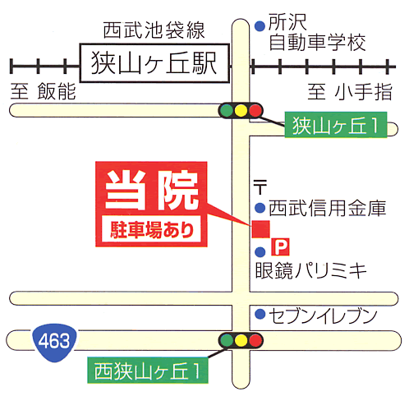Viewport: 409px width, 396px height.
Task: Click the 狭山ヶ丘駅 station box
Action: pyautogui.click(x=154, y=63)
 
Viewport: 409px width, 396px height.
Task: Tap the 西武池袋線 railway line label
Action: pyautogui.click(x=154, y=30)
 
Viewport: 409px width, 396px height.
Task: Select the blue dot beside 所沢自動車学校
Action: pyautogui.click(x=260, y=26)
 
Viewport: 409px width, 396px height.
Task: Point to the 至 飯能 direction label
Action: pyautogui.click(x=43, y=91)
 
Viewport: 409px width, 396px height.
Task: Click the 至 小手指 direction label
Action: pyautogui.click(x=350, y=91)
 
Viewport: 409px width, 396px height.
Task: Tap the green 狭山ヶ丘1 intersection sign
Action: pyautogui.click(x=336, y=125)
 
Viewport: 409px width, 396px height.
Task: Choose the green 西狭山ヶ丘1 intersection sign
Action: pyautogui.click(x=148, y=371)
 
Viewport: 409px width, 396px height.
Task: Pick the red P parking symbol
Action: pyautogui.click(x=280, y=246)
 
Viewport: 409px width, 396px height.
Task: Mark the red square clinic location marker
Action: pyautogui.click(x=261, y=229)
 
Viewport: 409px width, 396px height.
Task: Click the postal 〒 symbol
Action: pyautogui.click(x=260, y=187)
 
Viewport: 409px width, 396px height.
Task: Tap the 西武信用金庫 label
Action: pyautogui.click(x=327, y=208)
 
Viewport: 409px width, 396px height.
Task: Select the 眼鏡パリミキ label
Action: pyautogui.click(x=310, y=270)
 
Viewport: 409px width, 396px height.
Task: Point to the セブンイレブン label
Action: pyautogui.click(x=323, y=315)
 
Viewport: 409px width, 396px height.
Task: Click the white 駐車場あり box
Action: pyautogui.click(x=151, y=229)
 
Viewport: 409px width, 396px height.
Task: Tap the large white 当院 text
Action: pyautogui.click(x=152, y=191)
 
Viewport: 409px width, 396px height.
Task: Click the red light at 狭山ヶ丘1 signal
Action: pyautogui.click(x=255, y=111)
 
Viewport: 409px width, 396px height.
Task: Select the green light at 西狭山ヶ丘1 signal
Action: pyautogui.click(x=226, y=340)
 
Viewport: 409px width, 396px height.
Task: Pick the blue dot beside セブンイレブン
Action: pyautogui.click(x=260, y=314)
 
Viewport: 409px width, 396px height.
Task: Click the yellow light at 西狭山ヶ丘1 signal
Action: pyautogui.click(x=241, y=340)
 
